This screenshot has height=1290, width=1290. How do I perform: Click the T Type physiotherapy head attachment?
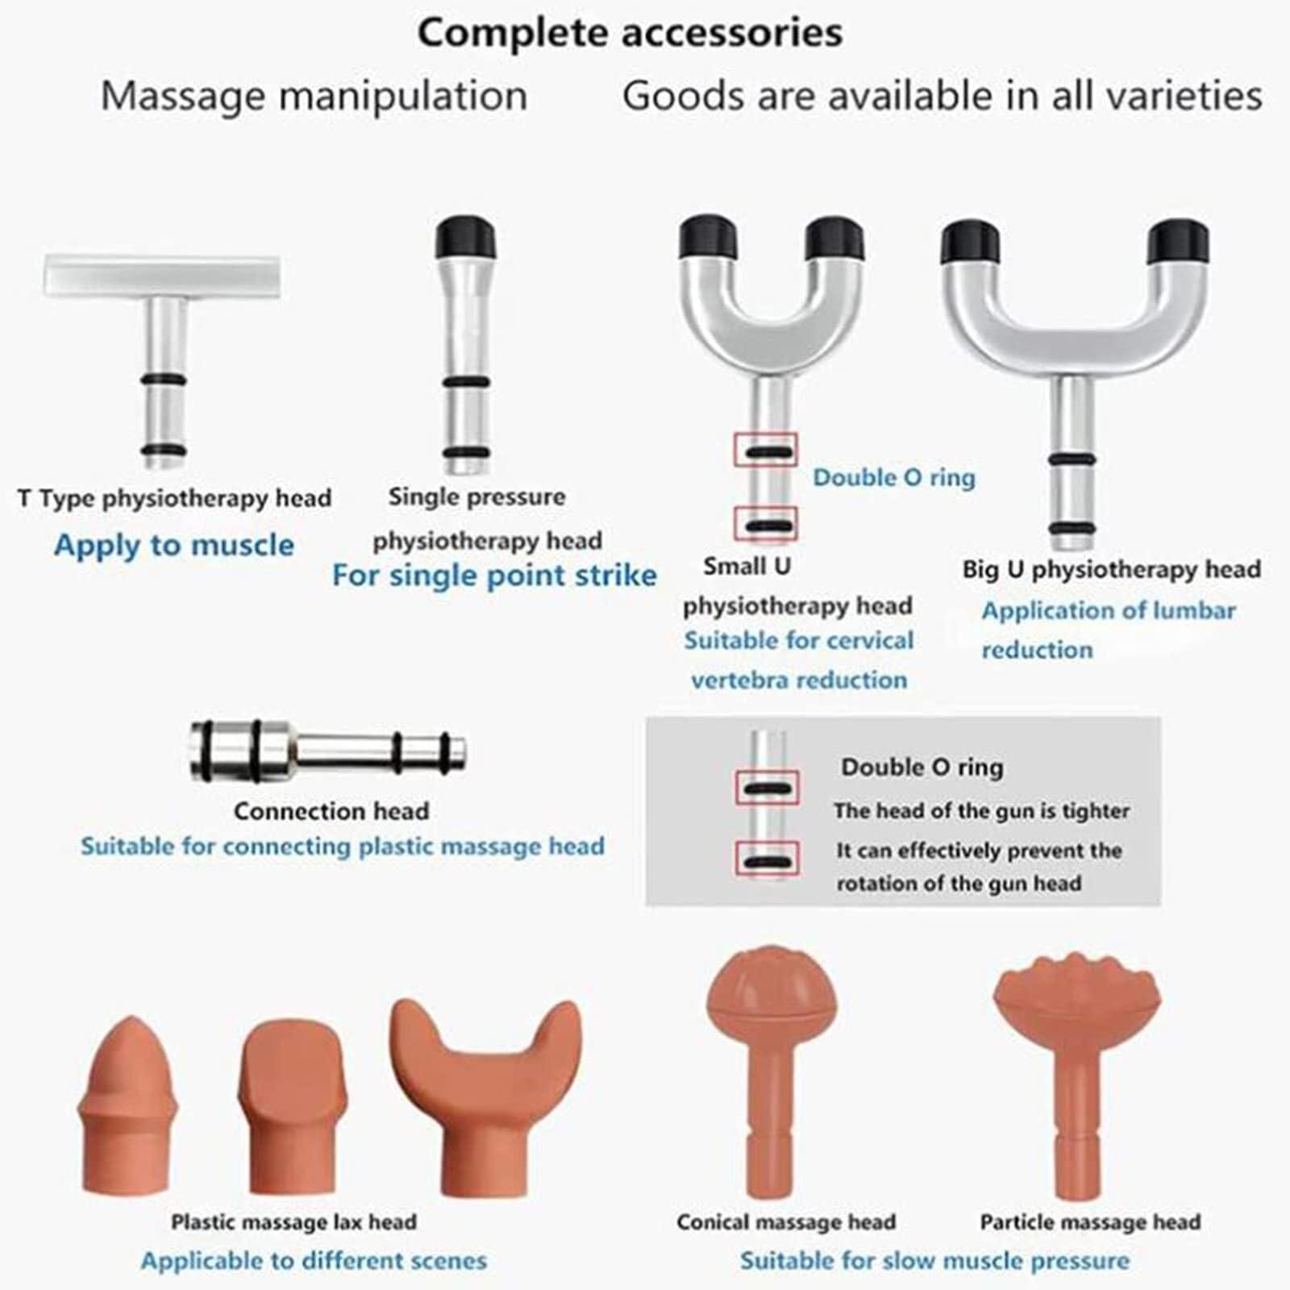tap(164, 355)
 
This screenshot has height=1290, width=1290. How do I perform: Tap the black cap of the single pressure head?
tap(465, 239)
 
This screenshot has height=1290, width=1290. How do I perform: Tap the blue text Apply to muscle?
tap(174, 546)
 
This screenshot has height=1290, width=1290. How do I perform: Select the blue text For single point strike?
tap(494, 576)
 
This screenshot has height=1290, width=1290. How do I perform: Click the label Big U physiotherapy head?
tap(1111, 570)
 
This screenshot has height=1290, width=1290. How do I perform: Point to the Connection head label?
tap(331, 811)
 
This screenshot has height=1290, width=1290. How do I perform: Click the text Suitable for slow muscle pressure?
tap(934, 1260)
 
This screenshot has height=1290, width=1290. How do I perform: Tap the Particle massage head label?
tap(1090, 1222)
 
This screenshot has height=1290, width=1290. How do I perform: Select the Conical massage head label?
tap(786, 1222)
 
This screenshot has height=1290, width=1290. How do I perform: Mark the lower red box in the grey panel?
tap(768, 859)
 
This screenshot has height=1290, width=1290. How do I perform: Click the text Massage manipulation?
tap(314, 96)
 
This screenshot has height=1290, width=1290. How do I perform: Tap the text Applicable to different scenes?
tap(314, 1260)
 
